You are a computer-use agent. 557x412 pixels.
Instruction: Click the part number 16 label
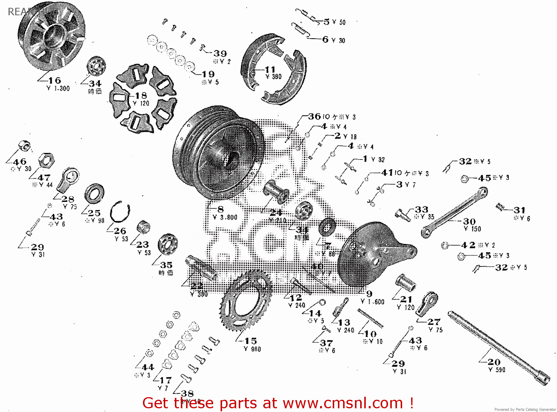pyautogui.click(x=55, y=80)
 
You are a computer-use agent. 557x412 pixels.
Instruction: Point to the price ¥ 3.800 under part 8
pyautogui.click(x=225, y=218)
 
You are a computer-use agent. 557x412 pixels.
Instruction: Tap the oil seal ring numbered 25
pyautogui.click(x=94, y=194)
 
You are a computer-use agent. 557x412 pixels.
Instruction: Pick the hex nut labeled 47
pyautogui.click(x=46, y=160)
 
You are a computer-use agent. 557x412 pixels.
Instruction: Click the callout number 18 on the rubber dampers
pyautogui.click(x=141, y=96)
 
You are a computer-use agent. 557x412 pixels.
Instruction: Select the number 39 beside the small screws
pyautogui.click(x=220, y=54)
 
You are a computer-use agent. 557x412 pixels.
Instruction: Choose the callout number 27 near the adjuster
pyautogui.click(x=434, y=322)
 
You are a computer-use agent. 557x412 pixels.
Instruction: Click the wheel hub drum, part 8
pyautogui.click(x=219, y=152)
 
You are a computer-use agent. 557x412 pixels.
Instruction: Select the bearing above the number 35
pyautogui.click(x=167, y=244)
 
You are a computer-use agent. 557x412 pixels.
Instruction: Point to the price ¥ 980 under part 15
pyautogui.click(x=253, y=349)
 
